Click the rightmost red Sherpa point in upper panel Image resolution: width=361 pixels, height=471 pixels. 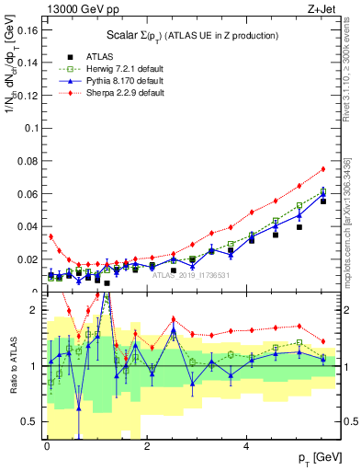point(323,168)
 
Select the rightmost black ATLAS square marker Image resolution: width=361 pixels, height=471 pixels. point(323,201)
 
